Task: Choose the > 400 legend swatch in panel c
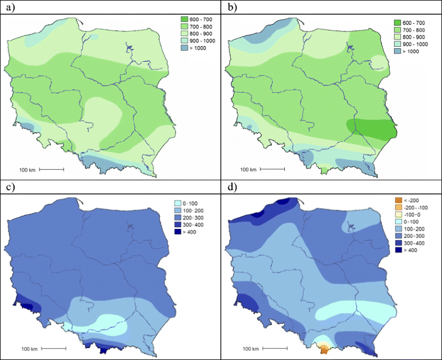pyautogui.click(x=176, y=232)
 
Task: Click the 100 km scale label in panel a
pyautogui.click(x=28, y=169)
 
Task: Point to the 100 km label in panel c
pyautogui.click(x=28, y=349)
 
